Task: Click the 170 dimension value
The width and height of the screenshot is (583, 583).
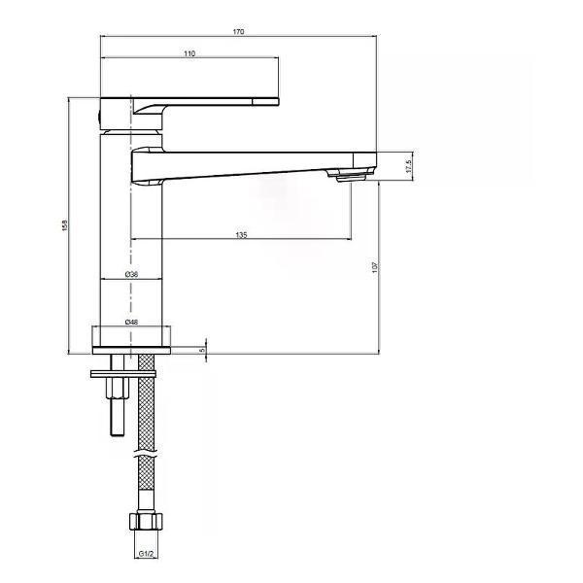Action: coord(238,32)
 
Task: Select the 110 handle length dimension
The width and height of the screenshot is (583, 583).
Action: coord(189,53)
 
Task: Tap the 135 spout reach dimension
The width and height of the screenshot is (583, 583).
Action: coord(241,235)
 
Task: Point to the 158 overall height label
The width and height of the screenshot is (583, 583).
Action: coord(65,225)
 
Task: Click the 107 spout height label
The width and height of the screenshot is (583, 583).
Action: coord(375,267)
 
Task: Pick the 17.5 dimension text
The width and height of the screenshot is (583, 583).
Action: coord(409,166)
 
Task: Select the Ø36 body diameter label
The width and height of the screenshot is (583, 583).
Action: coord(131,274)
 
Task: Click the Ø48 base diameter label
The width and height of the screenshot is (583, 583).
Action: coord(131,322)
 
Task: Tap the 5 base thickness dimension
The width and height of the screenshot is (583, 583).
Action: coord(203,350)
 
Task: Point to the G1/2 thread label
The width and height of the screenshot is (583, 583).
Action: coord(146,554)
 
